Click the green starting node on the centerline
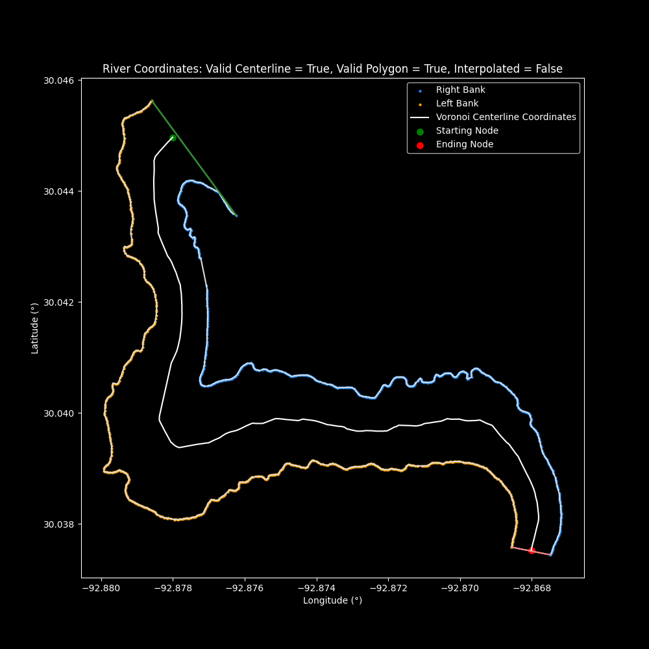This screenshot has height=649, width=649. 173,138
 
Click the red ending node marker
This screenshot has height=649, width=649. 532,550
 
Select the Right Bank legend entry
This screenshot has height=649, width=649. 460,90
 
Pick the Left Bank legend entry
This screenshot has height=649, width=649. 457,104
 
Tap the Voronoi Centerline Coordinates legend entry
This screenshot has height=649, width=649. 506,117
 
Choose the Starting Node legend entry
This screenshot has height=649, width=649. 467,131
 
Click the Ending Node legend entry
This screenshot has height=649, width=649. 464,145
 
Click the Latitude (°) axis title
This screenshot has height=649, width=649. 35,328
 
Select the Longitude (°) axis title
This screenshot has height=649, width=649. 332,601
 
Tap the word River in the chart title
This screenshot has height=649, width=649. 116,69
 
